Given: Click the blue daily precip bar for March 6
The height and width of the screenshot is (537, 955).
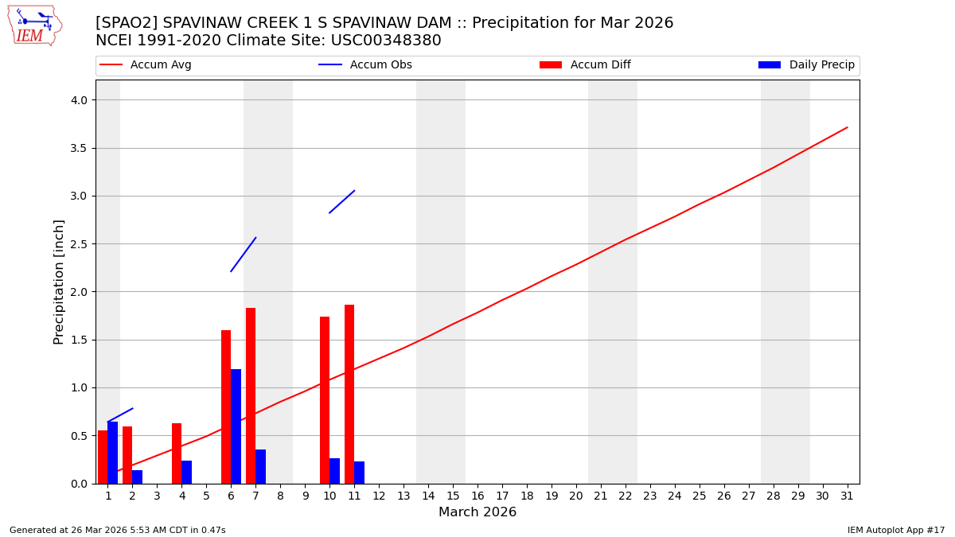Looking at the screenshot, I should [x=236, y=426].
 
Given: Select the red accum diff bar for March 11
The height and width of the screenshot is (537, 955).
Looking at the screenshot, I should [x=349, y=394].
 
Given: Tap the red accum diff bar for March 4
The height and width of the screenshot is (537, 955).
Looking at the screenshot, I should [x=177, y=453].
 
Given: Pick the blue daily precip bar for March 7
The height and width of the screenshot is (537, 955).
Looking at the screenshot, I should [x=260, y=466].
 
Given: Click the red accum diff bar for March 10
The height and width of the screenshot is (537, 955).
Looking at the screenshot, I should [x=325, y=400].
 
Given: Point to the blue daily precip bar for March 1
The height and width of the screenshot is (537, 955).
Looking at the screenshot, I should [x=113, y=453].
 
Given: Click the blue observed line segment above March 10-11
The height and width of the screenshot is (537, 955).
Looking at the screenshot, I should [x=341, y=202].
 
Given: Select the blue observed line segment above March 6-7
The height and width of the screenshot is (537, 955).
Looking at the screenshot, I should [x=244, y=255].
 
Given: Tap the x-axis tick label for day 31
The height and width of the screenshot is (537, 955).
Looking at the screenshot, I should [x=847, y=496].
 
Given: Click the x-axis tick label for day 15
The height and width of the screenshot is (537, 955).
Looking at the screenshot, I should [x=453, y=496].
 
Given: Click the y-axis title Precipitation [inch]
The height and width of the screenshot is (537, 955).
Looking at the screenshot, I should [x=59, y=282].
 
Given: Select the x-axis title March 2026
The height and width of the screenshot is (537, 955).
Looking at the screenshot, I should [x=477, y=512].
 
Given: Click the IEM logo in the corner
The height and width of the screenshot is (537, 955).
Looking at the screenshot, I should [x=34, y=25].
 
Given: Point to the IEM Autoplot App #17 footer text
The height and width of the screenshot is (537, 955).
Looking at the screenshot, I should [x=896, y=531].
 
